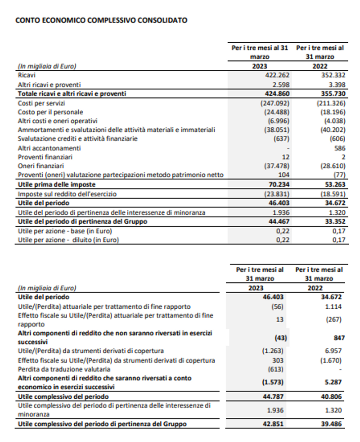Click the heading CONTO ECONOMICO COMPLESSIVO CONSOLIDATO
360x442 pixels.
101,20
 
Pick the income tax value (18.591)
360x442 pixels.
332,194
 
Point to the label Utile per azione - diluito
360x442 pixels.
68,240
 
